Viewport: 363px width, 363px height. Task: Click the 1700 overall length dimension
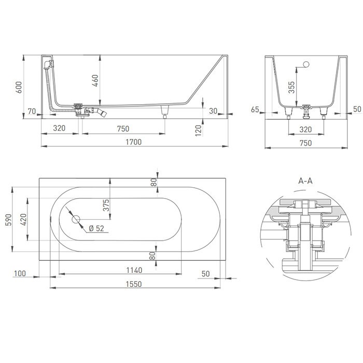coord(134,142)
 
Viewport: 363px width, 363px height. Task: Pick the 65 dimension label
coord(255,109)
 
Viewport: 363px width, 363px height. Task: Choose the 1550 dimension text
coord(134,284)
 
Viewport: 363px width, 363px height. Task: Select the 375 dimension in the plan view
coord(106,206)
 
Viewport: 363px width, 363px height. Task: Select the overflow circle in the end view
coord(306,65)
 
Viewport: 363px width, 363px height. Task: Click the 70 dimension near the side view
coord(32,110)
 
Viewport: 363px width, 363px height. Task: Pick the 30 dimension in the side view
coord(213,110)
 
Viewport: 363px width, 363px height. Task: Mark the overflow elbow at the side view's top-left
coord(49,63)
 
